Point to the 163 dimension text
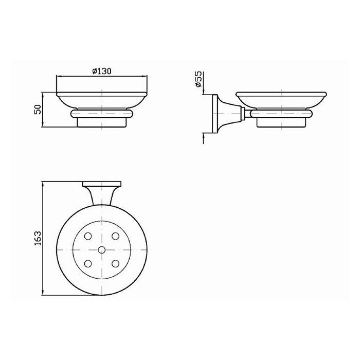pyautogui.click(x=37, y=238)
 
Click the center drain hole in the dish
pyautogui.click(x=101, y=250)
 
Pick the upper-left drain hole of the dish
pyautogui.click(x=88, y=236)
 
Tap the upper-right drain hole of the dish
pyautogui.click(x=115, y=236)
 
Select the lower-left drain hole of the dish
pyautogui.click(x=88, y=264)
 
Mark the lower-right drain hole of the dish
pyautogui.click(x=115, y=264)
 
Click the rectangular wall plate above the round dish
pyautogui.click(x=101, y=184)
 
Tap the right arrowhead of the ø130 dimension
pyautogui.click(x=146, y=75)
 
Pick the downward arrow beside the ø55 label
pyautogui.click(x=204, y=90)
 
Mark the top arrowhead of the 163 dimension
pyautogui.click(x=43, y=184)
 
